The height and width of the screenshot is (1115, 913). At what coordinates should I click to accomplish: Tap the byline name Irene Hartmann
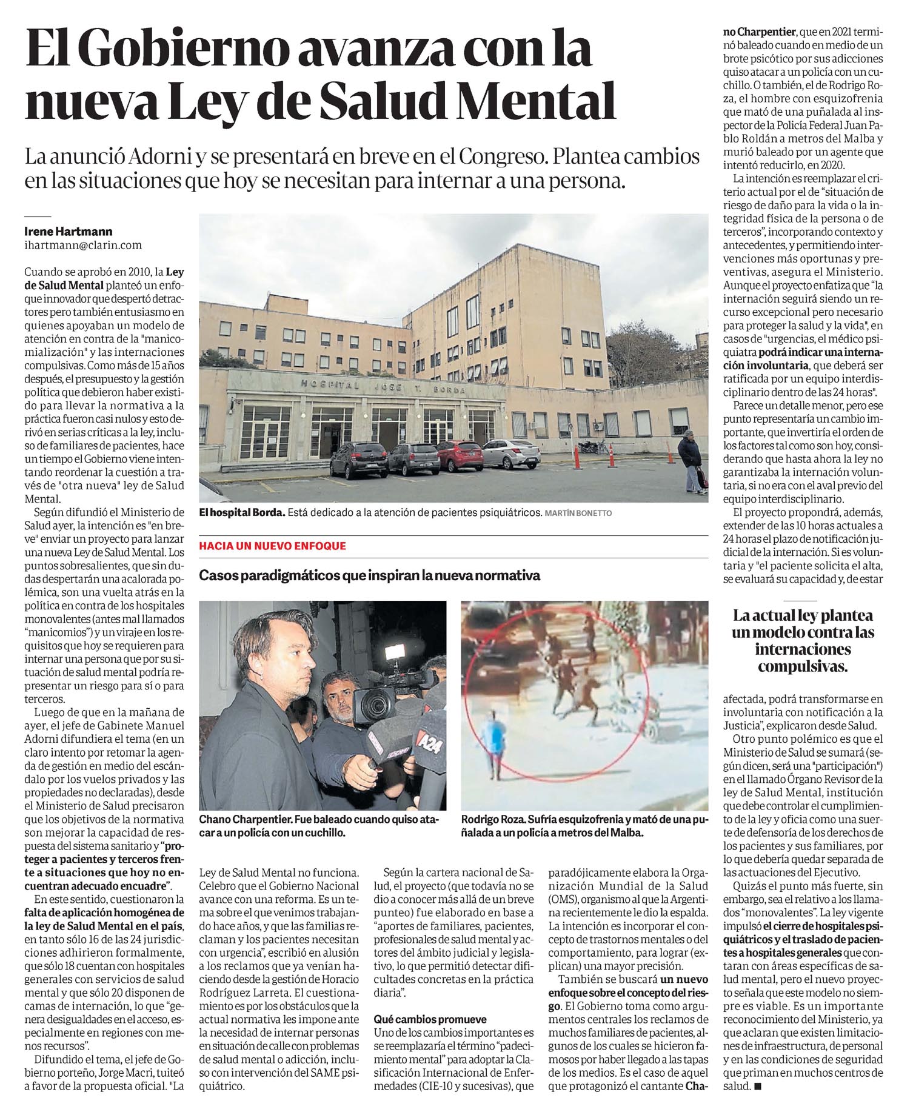click(x=68, y=232)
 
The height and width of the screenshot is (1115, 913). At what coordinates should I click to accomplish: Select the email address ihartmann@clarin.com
click(x=82, y=245)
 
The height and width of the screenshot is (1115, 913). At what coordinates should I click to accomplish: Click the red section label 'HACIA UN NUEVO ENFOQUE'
click(x=272, y=546)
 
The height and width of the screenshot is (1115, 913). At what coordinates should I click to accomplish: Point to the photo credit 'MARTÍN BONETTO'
click(x=578, y=514)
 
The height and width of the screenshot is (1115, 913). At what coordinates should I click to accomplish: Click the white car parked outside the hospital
click(x=503, y=454)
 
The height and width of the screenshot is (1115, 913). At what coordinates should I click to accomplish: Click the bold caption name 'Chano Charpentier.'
click(x=246, y=819)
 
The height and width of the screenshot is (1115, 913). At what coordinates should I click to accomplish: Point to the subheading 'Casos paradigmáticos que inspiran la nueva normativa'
click(x=369, y=575)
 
